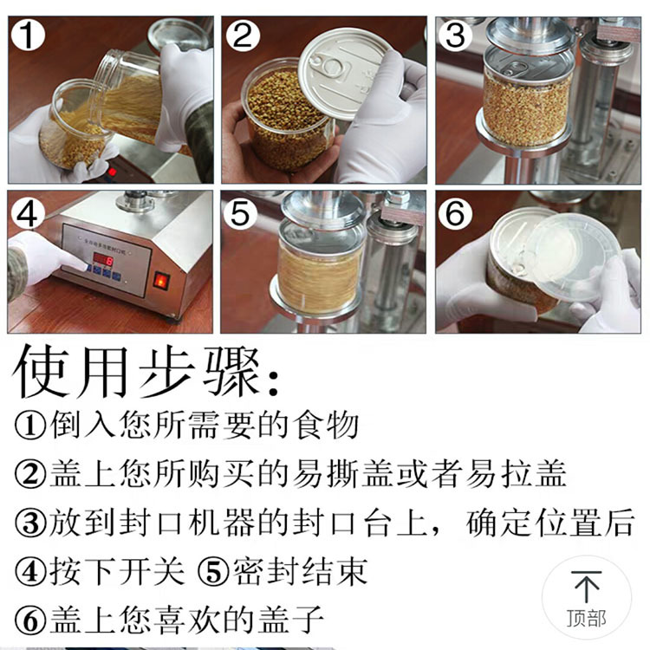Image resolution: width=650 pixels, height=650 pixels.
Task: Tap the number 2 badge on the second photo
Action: pos(244,37)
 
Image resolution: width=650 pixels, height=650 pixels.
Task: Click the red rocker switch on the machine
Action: pos(161,281)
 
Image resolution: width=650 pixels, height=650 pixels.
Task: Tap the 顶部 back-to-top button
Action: pos(587,598)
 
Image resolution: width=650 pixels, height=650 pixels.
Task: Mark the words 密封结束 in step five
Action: pos(299,571)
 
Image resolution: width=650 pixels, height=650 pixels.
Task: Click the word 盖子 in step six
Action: pos(295,620)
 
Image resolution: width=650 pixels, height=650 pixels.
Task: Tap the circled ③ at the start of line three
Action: pos(30,523)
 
